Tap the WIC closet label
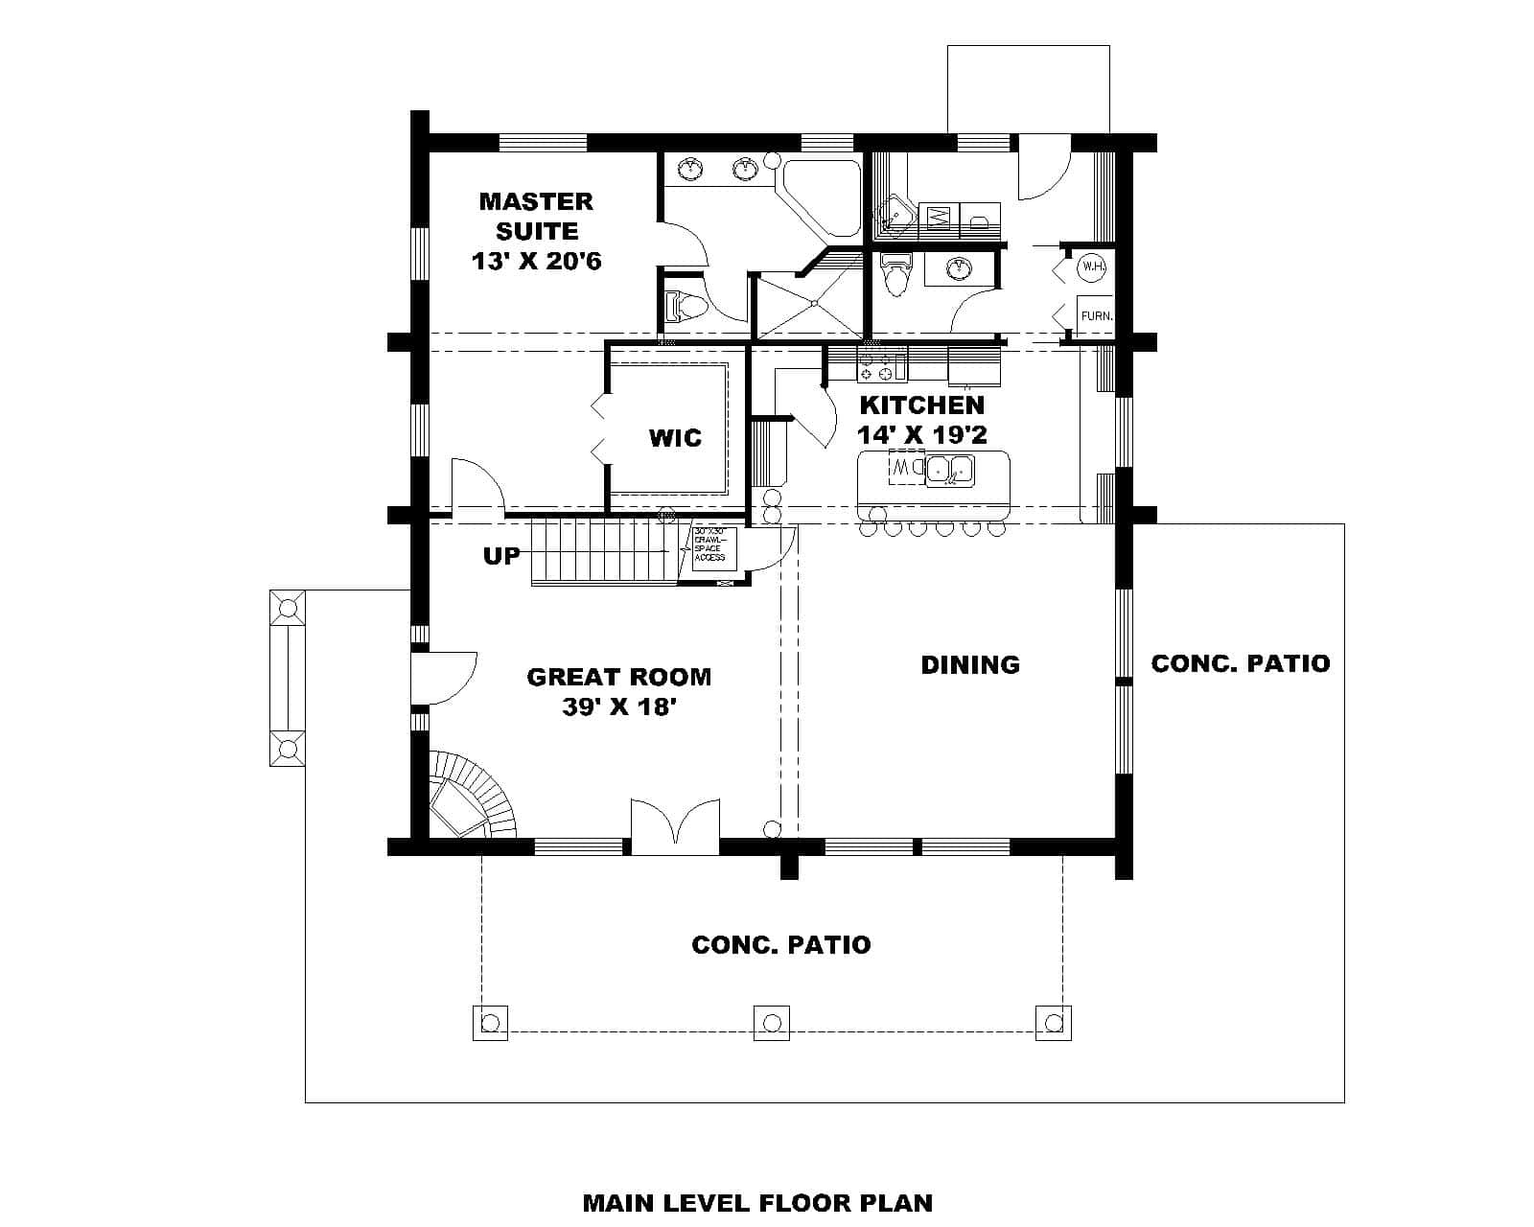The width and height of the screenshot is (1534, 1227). tap(675, 438)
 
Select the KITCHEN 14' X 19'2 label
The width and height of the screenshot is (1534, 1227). tap(921, 420)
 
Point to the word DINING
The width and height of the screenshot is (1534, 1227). tap(970, 664)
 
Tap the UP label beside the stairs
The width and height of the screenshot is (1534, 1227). tap(501, 556)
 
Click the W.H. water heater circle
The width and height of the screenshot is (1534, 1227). tap(1092, 267)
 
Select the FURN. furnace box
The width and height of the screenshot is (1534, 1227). tap(1096, 315)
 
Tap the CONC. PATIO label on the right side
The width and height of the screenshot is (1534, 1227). tap(1240, 663)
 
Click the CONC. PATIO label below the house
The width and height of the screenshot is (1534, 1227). tap(780, 945)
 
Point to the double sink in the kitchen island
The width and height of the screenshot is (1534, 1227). tap(949, 470)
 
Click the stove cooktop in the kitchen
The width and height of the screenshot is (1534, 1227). tap(881, 364)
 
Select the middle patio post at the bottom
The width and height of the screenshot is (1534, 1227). tap(771, 1023)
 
